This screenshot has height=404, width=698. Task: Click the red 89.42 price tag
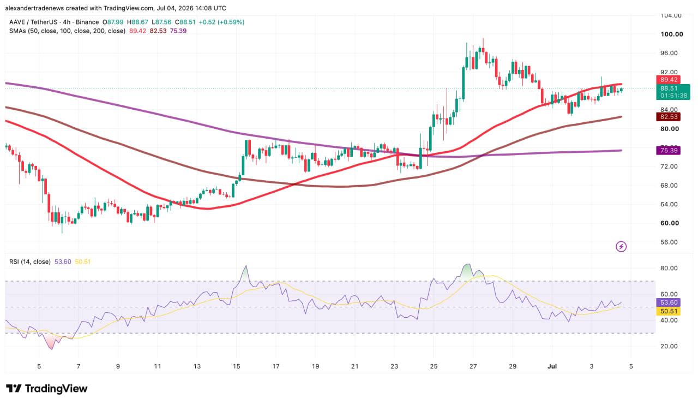tap(668, 80)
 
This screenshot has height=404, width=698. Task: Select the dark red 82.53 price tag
tap(668, 117)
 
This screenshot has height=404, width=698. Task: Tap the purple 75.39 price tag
tap(668, 150)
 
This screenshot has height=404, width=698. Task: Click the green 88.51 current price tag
tap(673, 92)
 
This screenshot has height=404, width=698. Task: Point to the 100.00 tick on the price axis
tap(672, 34)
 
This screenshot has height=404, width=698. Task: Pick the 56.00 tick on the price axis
tap(669, 242)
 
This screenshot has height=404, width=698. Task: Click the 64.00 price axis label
tap(669, 204)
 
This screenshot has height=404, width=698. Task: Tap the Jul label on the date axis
tap(552, 366)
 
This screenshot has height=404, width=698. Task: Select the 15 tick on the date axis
tap(236, 366)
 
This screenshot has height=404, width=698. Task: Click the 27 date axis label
tap(473, 366)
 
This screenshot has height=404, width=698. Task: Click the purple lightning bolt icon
tap(621, 247)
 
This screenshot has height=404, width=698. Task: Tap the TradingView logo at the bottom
tap(47, 388)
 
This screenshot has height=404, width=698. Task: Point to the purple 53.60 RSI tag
tap(668, 302)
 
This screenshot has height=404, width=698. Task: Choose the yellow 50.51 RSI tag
tap(668, 311)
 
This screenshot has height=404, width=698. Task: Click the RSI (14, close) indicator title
tap(30, 262)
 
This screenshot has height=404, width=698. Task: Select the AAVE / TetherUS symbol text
tap(33, 22)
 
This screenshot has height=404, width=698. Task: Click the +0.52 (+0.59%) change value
tap(221, 22)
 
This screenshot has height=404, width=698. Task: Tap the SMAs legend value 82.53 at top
tap(158, 31)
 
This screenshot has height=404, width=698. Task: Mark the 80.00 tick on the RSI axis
tap(669, 268)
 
